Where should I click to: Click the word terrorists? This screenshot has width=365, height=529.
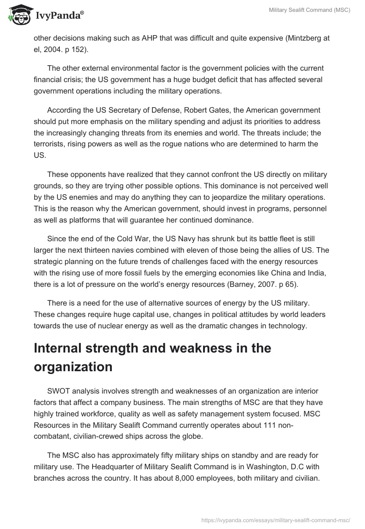click(51, 144)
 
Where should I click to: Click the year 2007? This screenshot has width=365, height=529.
click(269, 283)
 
